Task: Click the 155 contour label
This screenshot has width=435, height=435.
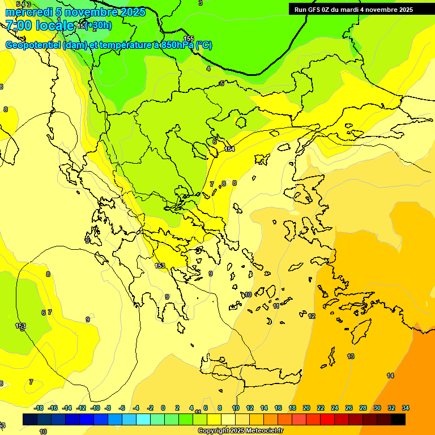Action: [x=189, y=39]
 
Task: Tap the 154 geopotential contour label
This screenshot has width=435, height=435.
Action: [x=229, y=149]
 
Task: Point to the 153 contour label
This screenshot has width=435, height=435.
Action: [x=160, y=266]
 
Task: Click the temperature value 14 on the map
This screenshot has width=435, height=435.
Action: [x=390, y=376]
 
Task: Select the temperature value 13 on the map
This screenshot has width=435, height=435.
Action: [x=351, y=356]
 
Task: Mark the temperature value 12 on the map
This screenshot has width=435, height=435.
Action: [x=312, y=316]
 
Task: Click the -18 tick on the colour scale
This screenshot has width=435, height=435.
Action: [x=39, y=408]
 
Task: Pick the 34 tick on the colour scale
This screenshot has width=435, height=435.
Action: [x=406, y=408]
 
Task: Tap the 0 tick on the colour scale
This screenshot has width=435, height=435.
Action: [x=163, y=408]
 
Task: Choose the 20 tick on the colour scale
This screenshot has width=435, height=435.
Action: [x=306, y=408]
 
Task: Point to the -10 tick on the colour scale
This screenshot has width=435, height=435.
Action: [x=95, y=408]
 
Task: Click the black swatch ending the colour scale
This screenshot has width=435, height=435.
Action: [x=398, y=420]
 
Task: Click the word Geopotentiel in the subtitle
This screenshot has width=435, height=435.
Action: [x=33, y=45]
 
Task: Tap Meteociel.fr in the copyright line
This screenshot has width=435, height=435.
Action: [x=262, y=431]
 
